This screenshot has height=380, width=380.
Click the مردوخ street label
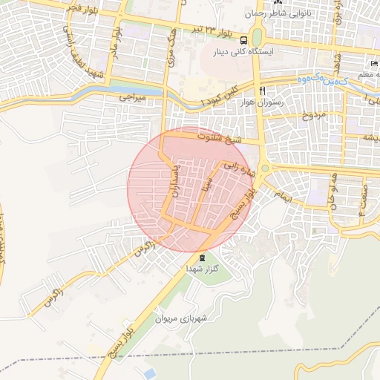coord(313,116)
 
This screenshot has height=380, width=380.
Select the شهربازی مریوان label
coord(183,319)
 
